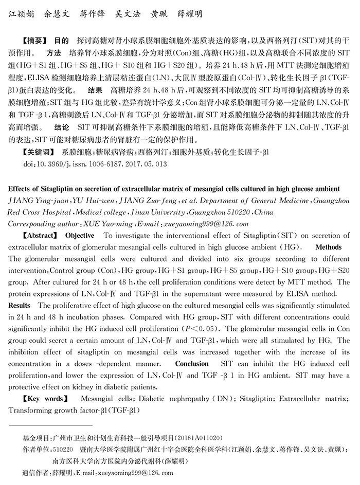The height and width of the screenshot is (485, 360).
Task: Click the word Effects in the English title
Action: click(x=22, y=189)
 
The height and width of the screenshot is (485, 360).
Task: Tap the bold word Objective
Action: click(x=80, y=236)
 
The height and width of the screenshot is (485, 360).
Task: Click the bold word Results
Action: click(x=20, y=305)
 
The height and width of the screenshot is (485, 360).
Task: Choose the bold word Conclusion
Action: click(x=192, y=363)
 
